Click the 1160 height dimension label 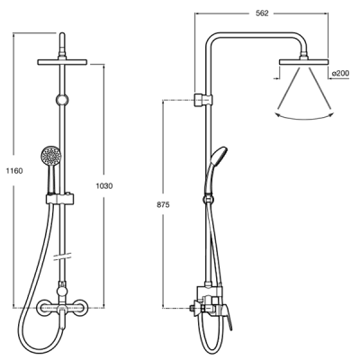14,171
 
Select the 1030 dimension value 104,186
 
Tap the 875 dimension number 163,205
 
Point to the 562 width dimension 262,13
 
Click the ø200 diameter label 341,73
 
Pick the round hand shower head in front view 51,155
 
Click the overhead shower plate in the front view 62,62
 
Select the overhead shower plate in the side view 304,62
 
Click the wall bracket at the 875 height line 203,100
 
